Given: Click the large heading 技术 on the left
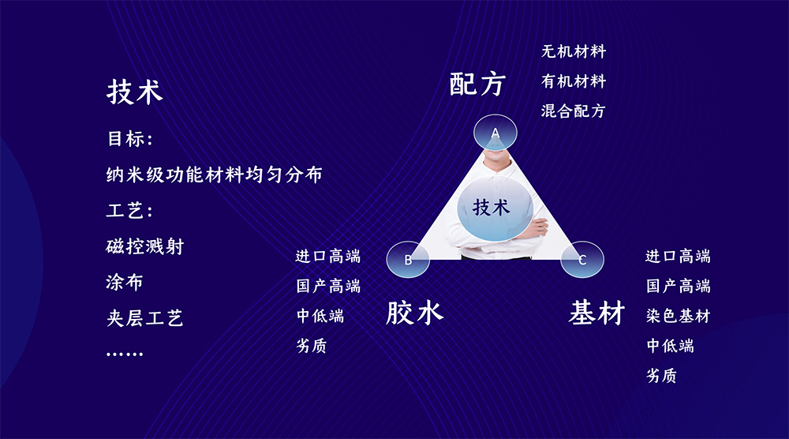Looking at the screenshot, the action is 134,92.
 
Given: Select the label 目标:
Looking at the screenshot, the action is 130,139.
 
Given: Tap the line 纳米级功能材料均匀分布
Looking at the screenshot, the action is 214,174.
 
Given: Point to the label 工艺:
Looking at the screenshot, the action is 129,211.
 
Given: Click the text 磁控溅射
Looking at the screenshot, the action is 145,246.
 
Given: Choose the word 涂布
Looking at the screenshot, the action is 125,283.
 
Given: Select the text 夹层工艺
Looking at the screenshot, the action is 144,318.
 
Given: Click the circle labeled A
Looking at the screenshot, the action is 495,133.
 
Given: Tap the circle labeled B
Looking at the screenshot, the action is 408,259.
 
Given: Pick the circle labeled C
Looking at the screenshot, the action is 582,259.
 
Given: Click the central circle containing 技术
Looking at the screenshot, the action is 495,208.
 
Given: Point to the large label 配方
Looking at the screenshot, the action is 477,84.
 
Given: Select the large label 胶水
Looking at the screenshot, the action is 414,313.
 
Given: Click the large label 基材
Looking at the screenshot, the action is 596,313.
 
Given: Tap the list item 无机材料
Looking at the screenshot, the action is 574,51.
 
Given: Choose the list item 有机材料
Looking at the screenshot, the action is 574,81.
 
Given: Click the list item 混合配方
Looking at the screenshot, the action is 573,111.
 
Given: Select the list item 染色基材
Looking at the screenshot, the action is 678,316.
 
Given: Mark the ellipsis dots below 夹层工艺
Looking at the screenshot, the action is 125,355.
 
